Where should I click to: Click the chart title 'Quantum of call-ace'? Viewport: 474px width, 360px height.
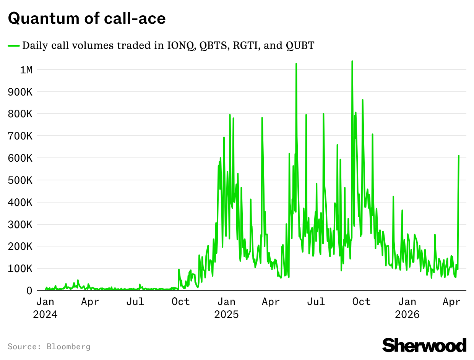point(87,18)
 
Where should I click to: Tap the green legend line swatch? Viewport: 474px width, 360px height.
point(14,46)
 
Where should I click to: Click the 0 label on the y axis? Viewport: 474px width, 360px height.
point(29,291)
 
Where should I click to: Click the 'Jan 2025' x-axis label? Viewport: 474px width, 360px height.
point(226,308)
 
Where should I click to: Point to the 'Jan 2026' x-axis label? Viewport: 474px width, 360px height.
point(407,308)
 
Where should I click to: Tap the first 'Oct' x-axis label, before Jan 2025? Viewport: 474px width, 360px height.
point(180,302)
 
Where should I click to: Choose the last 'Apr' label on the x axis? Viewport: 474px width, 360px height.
point(452,302)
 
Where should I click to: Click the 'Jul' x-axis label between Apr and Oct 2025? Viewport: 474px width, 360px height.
point(316,302)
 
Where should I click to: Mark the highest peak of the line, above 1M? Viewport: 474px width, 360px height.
point(352,61)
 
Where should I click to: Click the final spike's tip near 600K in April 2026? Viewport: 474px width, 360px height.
point(459,156)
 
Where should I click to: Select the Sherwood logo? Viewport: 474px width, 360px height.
point(424,345)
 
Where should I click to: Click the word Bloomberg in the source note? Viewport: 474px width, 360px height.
point(69,347)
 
